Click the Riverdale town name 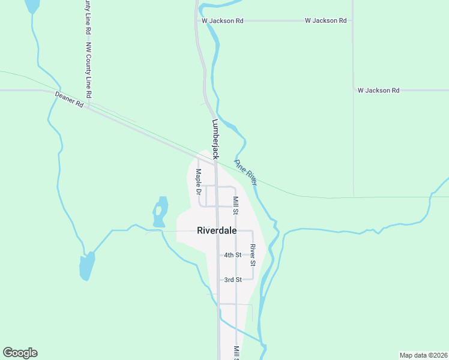[x=217, y=230]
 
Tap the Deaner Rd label [x=69, y=99]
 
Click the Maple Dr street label [x=198, y=182]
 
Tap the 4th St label [x=232, y=255]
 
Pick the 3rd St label [x=232, y=280]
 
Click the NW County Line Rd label [x=88, y=70]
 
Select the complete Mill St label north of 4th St [x=236, y=205]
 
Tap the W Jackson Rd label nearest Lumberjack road [x=223, y=20]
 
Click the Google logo [x=20, y=353]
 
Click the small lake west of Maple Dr [x=160, y=211]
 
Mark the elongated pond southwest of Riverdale [x=87, y=265]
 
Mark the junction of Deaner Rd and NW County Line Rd [x=88, y=109]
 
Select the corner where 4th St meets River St [x=253, y=255]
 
